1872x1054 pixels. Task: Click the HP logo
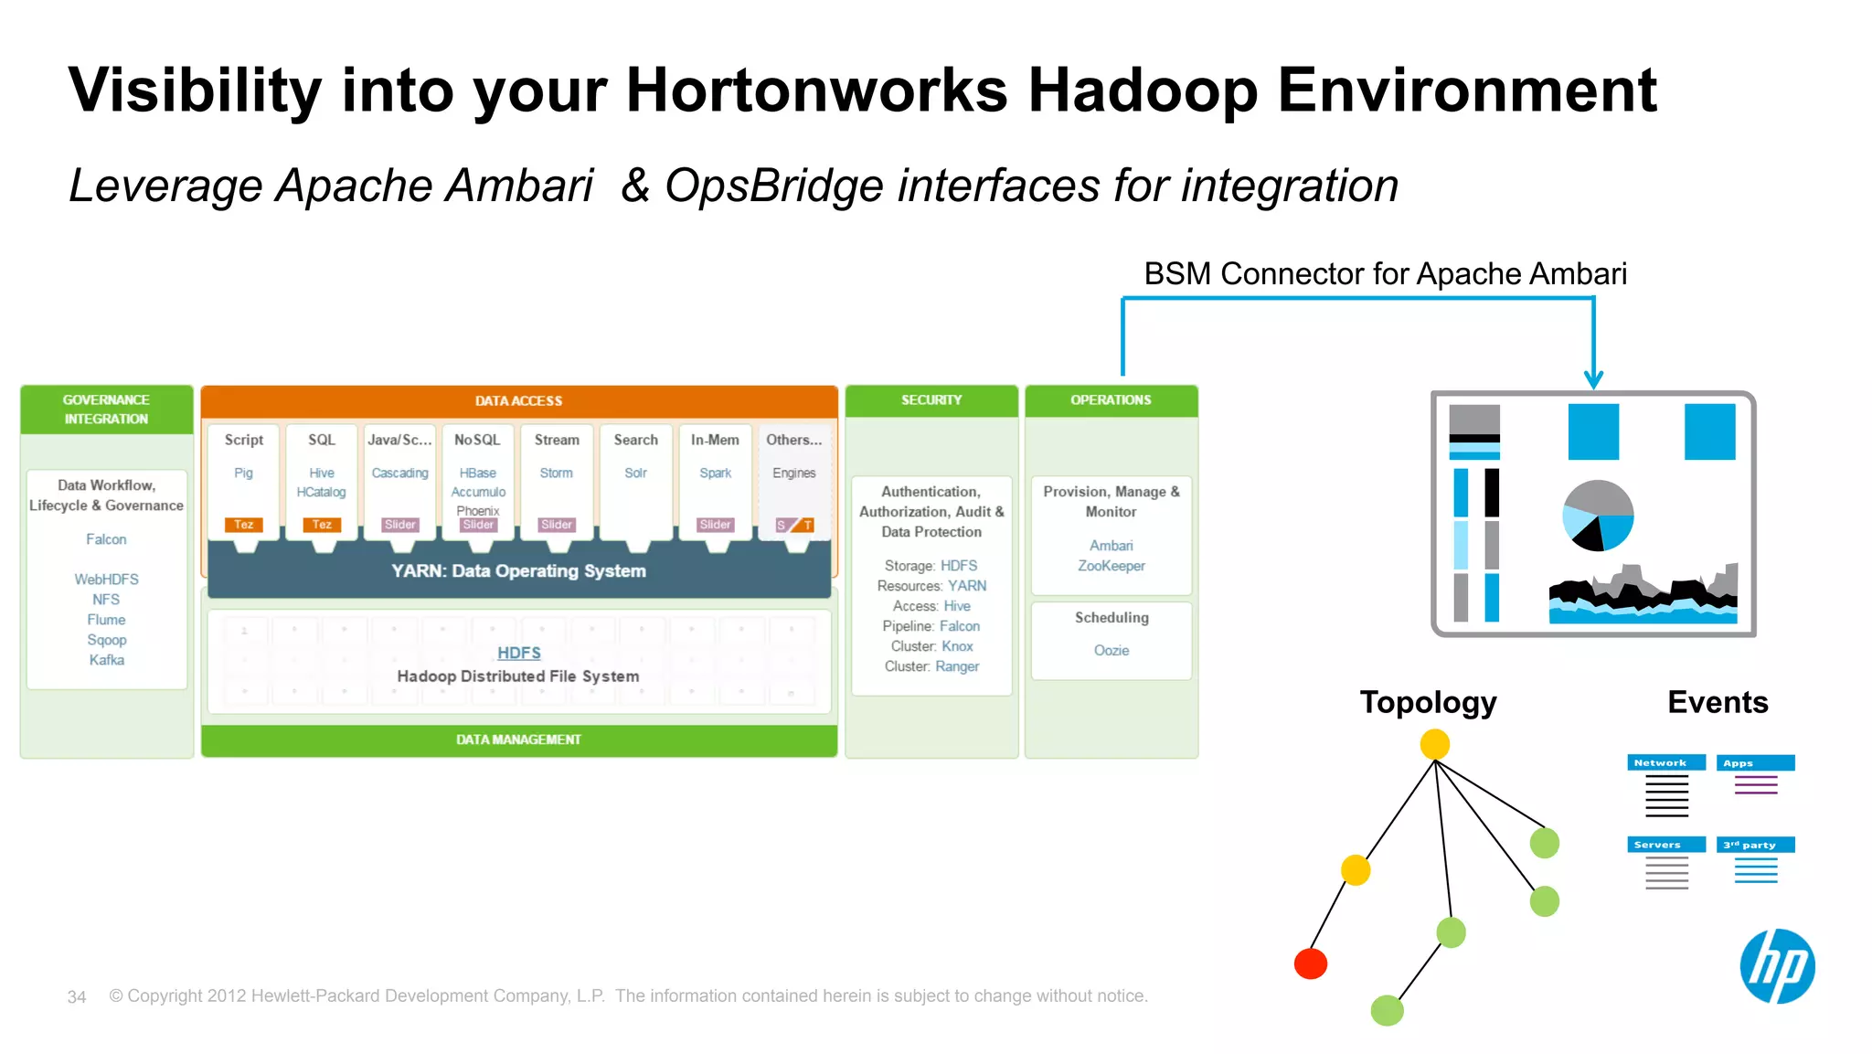point(1777,966)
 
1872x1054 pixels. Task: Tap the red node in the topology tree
point(1310,964)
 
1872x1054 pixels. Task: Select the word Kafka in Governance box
point(106,660)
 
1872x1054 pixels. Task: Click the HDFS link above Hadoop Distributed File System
point(518,653)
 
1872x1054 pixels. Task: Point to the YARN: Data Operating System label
point(518,571)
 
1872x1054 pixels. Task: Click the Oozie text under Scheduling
point(1111,651)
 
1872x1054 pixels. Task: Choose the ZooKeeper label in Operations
point(1111,566)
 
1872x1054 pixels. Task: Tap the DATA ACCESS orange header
point(518,400)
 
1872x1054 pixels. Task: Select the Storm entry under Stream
point(556,473)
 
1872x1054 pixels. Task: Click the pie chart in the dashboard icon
point(1597,516)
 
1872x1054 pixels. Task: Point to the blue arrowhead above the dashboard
point(1593,379)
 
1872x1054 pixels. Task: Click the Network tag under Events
point(1665,762)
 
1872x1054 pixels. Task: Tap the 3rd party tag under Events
point(1754,845)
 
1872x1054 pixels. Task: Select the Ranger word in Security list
point(956,666)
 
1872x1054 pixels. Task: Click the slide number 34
point(77,997)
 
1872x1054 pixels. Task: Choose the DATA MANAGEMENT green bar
point(518,740)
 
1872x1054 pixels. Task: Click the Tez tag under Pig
point(243,525)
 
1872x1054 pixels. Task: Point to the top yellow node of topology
point(1434,744)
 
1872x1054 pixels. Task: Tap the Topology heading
point(1428,702)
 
